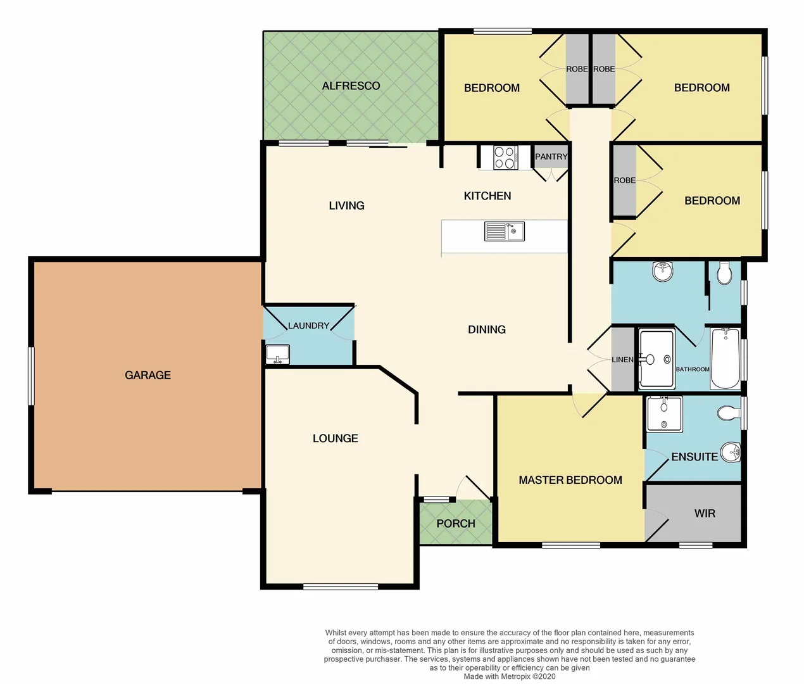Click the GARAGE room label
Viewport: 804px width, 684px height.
148,375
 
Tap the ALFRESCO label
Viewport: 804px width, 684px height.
351,85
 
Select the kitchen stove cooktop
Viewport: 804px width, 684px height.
505,157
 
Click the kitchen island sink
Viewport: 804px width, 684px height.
504,231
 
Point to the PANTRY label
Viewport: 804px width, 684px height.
551,156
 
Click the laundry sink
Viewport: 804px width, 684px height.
277,354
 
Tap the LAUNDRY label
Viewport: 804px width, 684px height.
308,326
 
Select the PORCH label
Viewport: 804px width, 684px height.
455,523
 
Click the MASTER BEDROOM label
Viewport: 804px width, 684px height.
570,480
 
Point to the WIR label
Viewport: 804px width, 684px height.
705,513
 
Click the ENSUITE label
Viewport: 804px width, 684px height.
694,457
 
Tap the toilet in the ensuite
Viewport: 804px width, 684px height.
729,414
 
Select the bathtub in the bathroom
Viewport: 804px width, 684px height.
725,358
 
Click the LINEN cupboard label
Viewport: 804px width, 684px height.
622,360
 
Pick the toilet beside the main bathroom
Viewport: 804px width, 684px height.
724,273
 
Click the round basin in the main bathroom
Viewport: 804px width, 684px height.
662,272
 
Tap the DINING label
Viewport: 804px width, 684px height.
486,329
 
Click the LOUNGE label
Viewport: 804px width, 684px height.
335,438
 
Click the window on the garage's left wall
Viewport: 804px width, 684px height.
30,375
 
